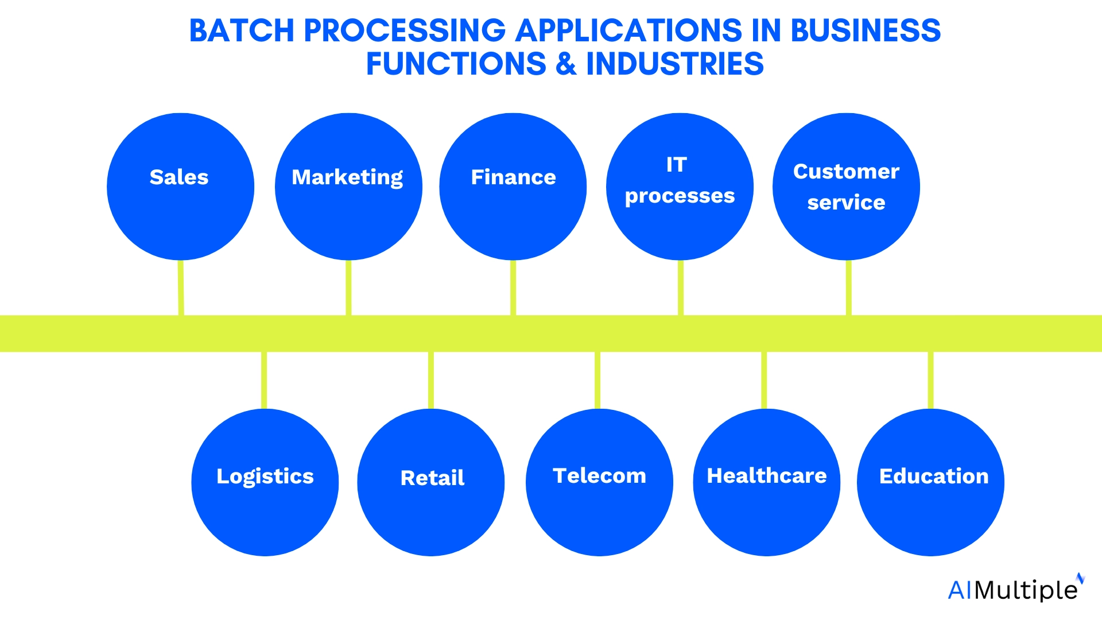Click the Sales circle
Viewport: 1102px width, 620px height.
(x=180, y=187)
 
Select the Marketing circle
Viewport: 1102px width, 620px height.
(x=348, y=187)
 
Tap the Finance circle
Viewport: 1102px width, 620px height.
(x=513, y=187)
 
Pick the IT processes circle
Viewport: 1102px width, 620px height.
(x=680, y=187)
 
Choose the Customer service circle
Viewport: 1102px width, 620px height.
(x=846, y=187)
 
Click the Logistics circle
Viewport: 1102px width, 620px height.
(x=265, y=482)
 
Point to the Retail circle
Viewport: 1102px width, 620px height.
(x=430, y=482)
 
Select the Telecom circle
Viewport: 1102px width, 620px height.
(x=599, y=482)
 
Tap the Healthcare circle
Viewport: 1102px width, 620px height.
(x=766, y=482)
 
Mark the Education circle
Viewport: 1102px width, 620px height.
(x=930, y=482)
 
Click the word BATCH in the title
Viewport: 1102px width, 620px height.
(x=242, y=31)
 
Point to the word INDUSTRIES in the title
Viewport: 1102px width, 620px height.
(x=674, y=64)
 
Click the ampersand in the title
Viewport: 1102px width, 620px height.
(x=566, y=64)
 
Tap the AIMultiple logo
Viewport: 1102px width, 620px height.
(x=1015, y=589)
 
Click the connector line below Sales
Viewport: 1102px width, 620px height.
(x=181, y=287)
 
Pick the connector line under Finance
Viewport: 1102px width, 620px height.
(x=513, y=287)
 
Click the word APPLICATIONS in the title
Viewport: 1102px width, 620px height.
(x=628, y=31)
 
